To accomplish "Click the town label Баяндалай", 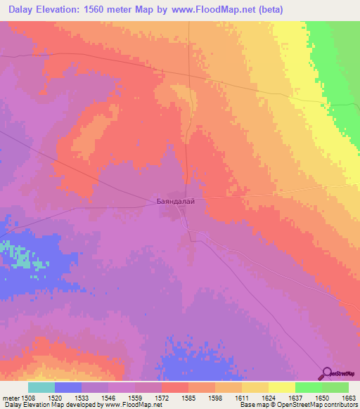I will tap(175, 202).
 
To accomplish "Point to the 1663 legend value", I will tap(341, 397).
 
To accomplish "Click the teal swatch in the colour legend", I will tap(41, 387).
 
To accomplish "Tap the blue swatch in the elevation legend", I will tap(68, 387).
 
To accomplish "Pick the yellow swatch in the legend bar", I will tap(281, 387).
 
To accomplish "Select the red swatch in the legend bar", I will tap(174, 387).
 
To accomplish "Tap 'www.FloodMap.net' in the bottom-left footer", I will tap(131, 405).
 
